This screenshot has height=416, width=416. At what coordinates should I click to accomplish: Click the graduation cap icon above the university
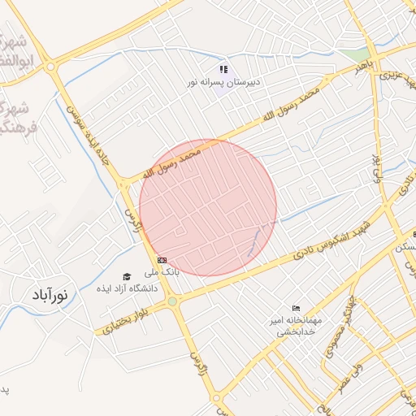click(x=127, y=276)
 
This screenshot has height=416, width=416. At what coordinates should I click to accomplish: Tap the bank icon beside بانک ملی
click(x=162, y=259)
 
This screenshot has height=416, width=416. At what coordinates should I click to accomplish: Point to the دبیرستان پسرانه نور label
click(x=223, y=83)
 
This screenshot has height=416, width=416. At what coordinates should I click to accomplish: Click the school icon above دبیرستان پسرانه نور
click(x=223, y=70)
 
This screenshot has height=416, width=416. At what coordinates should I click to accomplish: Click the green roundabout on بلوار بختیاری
click(x=172, y=302)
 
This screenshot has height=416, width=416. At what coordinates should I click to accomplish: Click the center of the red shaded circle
click(x=208, y=207)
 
